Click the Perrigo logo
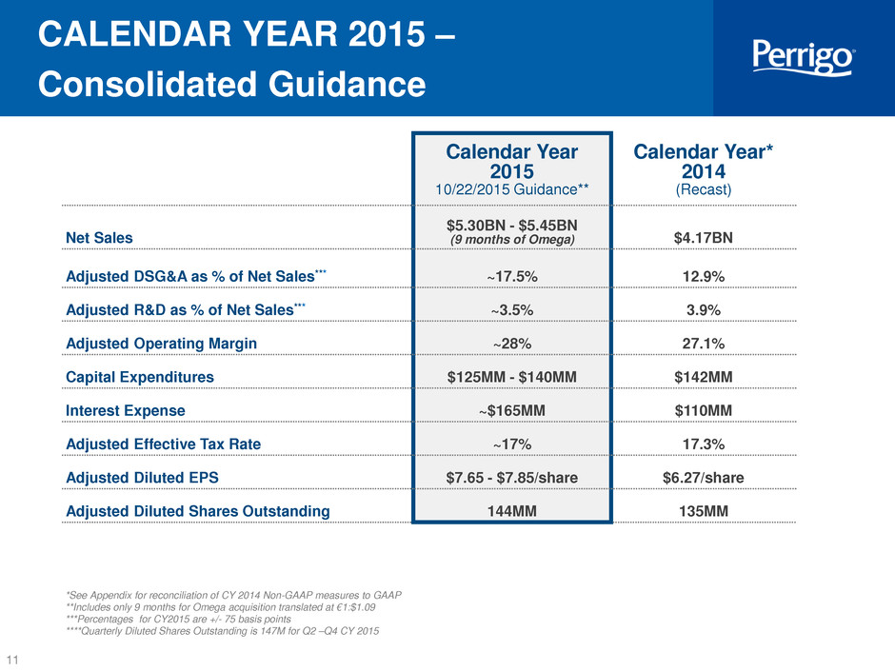click(x=803, y=57)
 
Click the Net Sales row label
click(x=99, y=238)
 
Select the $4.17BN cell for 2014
click(x=704, y=238)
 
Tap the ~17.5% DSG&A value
click(x=512, y=277)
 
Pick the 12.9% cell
click(x=704, y=277)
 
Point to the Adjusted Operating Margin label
click(x=162, y=344)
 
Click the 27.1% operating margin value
click(x=704, y=344)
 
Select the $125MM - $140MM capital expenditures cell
click(x=512, y=377)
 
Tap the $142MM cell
click(x=704, y=377)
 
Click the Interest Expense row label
click(x=126, y=411)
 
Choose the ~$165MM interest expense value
click(x=512, y=411)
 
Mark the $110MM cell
click(x=704, y=411)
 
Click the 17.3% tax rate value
click(x=704, y=444)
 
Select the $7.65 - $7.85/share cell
click(x=512, y=478)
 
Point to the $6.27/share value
click(x=704, y=478)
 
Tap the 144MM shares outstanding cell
click(x=512, y=511)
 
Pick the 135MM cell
click(x=704, y=511)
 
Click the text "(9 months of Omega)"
click(x=512, y=240)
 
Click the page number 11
click(x=12, y=660)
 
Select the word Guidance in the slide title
click(x=347, y=85)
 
